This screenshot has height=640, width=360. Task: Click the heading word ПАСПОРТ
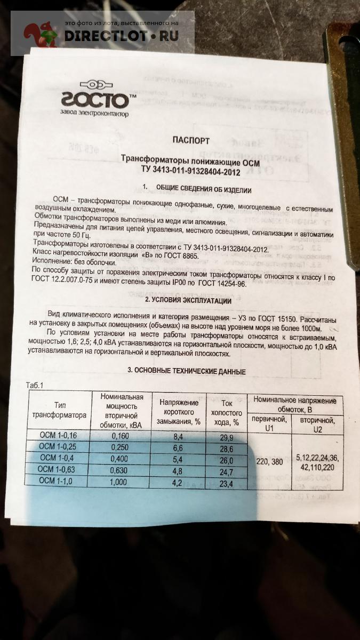(191, 140)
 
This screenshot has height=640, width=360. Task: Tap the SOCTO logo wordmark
(94, 100)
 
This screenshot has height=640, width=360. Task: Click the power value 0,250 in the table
(121, 447)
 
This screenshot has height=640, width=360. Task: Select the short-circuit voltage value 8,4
(179, 437)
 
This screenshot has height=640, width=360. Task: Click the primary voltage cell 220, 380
(269, 461)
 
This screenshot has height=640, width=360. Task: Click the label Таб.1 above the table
(35, 385)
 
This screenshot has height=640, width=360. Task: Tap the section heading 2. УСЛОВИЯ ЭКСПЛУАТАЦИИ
(181, 301)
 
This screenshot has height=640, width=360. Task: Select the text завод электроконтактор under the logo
(94, 114)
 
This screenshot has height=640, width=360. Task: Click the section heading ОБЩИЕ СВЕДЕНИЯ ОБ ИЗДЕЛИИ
(203, 189)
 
